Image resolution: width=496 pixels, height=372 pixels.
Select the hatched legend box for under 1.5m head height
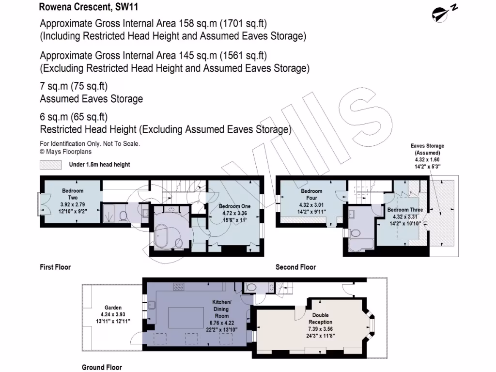click(x=51, y=165)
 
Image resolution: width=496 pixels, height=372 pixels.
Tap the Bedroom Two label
click(x=73, y=194)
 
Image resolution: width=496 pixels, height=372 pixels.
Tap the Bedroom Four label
click(x=311, y=194)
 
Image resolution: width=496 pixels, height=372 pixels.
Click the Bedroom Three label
click(x=405, y=210)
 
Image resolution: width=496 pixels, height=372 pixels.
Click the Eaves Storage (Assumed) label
click(x=427, y=149)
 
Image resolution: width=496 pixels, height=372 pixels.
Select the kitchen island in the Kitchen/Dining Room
click(x=186, y=318)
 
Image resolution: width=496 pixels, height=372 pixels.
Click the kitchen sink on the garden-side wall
click(x=151, y=305)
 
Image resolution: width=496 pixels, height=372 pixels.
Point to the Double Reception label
click(x=320, y=319)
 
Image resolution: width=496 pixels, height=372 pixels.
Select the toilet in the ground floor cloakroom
click(x=250, y=287)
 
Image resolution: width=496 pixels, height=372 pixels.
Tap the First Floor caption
click(x=55, y=267)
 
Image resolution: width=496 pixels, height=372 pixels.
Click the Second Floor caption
click(x=295, y=267)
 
